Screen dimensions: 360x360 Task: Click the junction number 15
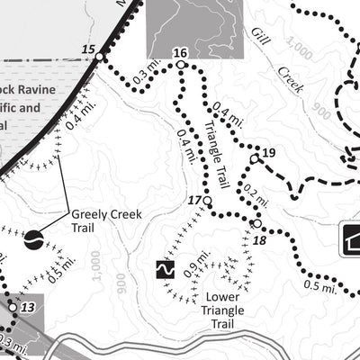[x=87, y=49]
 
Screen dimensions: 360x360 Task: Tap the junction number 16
[x=179, y=52]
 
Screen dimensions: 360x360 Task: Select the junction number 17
[x=193, y=199]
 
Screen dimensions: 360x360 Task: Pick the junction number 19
[x=268, y=151]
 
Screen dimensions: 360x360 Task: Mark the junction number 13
[x=28, y=308]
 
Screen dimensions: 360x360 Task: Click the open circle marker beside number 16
[x=181, y=65]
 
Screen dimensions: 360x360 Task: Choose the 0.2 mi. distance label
[x=256, y=198]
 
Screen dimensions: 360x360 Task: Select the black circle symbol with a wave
[x=33, y=239]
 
